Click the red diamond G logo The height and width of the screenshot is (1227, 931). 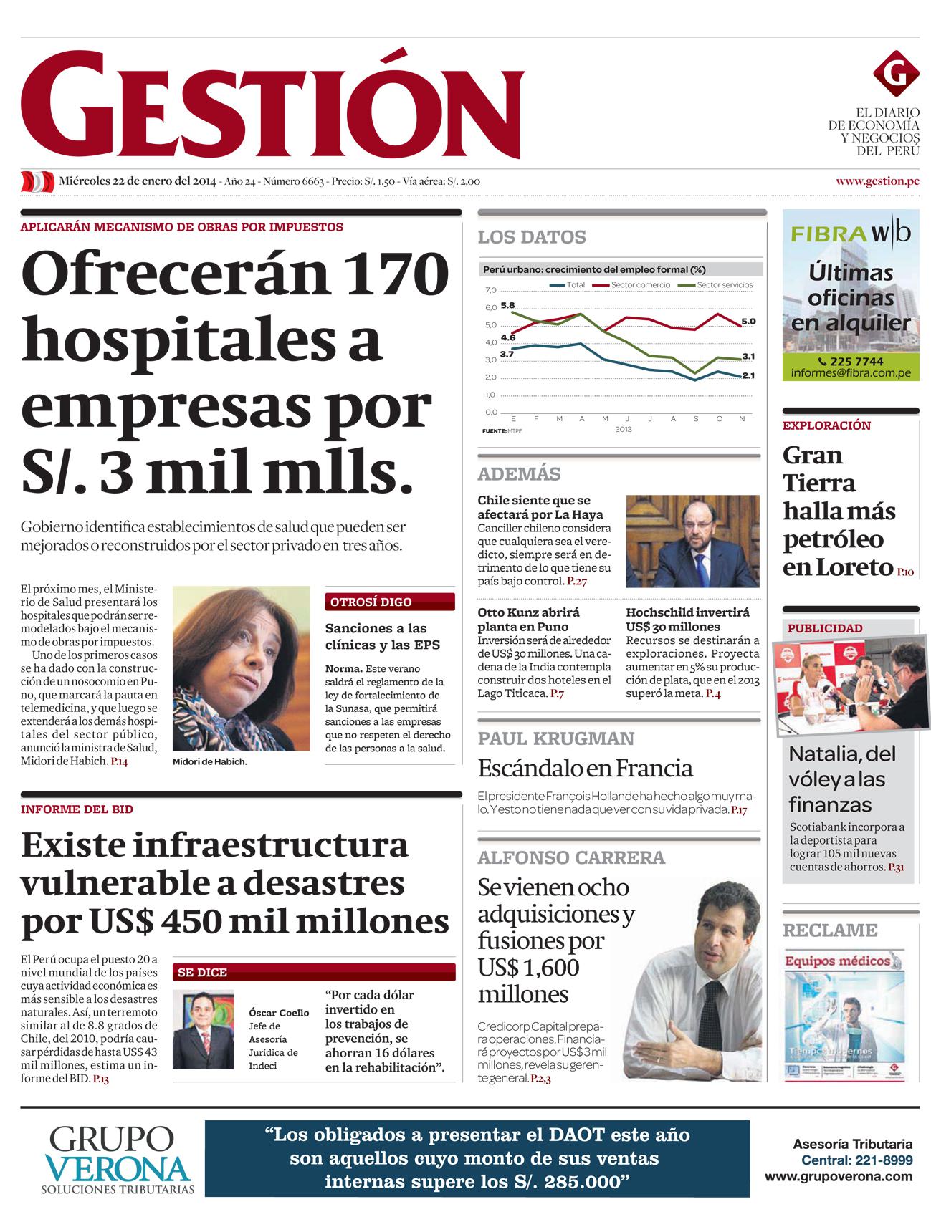click(x=895, y=74)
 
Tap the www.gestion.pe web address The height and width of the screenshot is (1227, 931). click(x=877, y=181)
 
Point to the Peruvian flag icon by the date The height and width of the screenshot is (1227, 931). click(x=37, y=181)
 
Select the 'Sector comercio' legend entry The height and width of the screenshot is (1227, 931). click(x=640, y=285)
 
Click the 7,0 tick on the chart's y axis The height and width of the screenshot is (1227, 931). click(x=490, y=290)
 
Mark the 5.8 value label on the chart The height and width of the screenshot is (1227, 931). click(x=507, y=306)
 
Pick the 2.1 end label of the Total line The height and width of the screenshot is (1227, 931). click(x=748, y=375)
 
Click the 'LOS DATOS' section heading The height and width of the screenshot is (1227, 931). click(x=532, y=237)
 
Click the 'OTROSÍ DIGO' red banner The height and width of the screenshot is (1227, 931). click(x=390, y=602)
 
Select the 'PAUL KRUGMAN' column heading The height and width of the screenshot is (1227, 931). click(x=556, y=738)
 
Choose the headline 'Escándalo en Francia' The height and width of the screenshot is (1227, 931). click(x=585, y=769)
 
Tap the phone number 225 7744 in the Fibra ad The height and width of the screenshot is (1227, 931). click(x=851, y=361)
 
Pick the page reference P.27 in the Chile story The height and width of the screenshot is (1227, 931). click(x=577, y=581)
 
